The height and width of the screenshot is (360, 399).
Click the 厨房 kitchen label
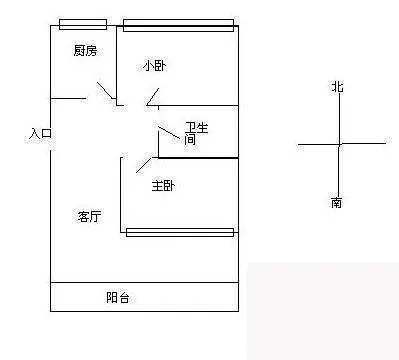pyautogui.click(x=85, y=51)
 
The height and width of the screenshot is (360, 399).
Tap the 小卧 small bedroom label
pyautogui.click(x=154, y=66)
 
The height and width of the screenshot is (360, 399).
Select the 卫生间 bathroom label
pyautogui.click(x=196, y=133)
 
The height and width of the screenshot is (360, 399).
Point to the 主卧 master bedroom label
pyautogui.click(x=163, y=186)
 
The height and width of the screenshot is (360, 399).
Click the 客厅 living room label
pyautogui.click(x=90, y=216)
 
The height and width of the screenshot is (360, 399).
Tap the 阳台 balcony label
pyautogui.click(x=118, y=297)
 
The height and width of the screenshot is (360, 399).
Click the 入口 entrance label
pyautogui.click(x=40, y=134)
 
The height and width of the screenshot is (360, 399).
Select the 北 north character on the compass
pyautogui.click(x=337, y=87)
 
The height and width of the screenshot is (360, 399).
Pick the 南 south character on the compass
pyautogui.click(x=336, y=202)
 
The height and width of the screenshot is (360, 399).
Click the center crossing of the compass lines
pyautogui.click(x=340, y=144)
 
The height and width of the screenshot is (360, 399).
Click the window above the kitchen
pyautogui.click(x=83, y=24)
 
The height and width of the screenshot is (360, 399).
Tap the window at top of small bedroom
pyautogui.click(x=178, y=25)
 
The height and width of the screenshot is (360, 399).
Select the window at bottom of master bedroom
pyautogui.click(x=180, y=232)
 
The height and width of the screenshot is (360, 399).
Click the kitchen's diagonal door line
pyautogui.click(x=105, y=90)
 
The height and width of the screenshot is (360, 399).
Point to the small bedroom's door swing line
pyautogui.click(x=153, y=97)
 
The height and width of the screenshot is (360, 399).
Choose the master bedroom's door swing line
pyautogui.click(x=144, y=165)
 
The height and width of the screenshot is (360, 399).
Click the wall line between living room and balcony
pyautogui.click(x=145, y=283)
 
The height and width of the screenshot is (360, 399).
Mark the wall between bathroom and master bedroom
pyautogui.click(x=198, y=158)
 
